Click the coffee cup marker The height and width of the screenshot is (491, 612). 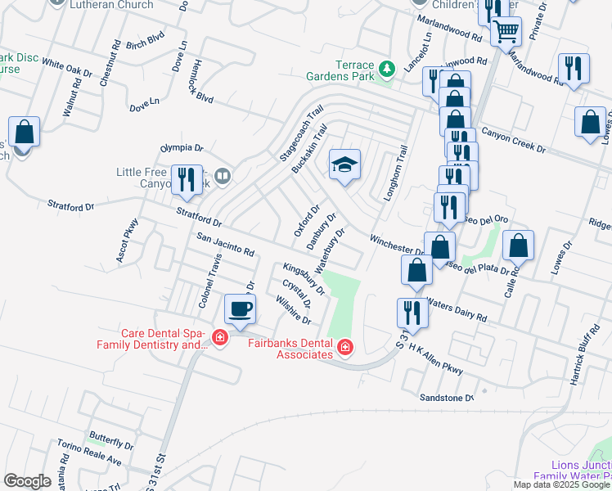[x=241, y=309]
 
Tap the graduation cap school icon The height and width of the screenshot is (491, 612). [x=344, y=165]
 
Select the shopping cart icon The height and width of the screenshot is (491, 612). [x=506, y=32]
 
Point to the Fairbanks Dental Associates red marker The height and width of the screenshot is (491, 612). [x=345, y=349]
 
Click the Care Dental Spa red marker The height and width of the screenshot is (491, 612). [x=219, y=336]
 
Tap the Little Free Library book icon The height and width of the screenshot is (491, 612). [x=223, y=175]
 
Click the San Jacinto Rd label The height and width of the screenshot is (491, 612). [x=226, y=246]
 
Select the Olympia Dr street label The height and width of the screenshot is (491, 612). [x=181, y=148]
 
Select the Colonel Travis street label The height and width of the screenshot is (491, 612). [x=210, y=279]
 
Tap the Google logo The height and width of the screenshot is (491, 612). [x=28, y=480]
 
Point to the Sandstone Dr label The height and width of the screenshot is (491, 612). [x=447, y=398]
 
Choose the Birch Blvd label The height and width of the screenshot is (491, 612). [x=146, y=41]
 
